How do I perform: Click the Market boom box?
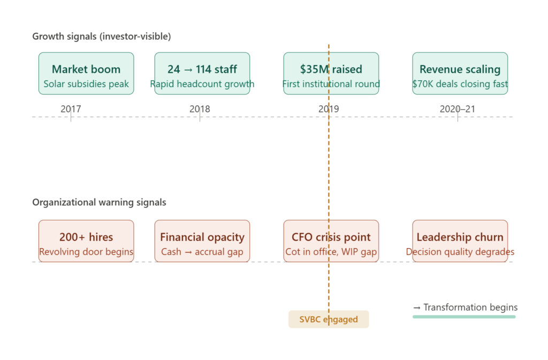(86, 73)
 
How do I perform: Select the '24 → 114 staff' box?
(202, 73)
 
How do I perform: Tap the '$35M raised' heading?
(331, 70)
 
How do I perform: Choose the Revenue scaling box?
(460, 73)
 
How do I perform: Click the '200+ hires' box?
(86, 241)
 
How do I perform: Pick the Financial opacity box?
(202, 241)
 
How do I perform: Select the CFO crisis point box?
(331, 241)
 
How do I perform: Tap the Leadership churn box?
(460, 241)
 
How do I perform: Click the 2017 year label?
(71, 109)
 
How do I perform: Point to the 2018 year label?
(200, 109)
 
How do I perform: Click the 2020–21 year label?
(457, 109)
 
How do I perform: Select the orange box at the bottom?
(329, 319)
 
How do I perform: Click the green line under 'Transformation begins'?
(464, 317)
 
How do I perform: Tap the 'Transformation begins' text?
(465, 308)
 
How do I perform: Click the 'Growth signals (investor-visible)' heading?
(102, 37)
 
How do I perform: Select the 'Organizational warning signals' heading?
(99, 203)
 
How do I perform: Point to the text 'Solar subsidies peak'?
(86, 84)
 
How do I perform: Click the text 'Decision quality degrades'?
(460, 252)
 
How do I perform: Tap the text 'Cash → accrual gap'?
(202, 252)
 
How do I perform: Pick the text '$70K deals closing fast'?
(460, 84)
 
